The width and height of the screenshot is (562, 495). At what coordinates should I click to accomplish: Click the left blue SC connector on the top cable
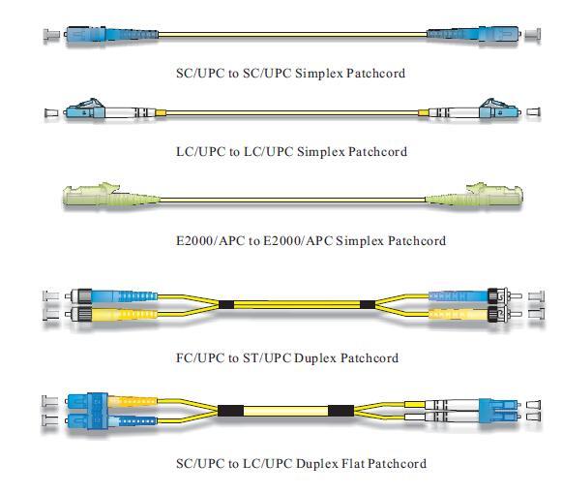point(111,35)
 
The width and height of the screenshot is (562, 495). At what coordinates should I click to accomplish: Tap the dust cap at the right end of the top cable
point(533,35)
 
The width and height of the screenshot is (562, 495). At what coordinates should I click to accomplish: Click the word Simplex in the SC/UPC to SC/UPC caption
point(319,74)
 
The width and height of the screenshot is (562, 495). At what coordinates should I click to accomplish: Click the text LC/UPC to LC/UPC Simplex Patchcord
point(291,151)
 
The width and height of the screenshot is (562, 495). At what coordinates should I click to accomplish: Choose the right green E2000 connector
point(474,195)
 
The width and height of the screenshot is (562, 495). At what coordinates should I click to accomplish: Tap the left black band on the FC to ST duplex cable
point(226,305)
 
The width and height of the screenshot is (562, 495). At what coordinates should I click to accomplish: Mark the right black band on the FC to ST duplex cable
point(368,305)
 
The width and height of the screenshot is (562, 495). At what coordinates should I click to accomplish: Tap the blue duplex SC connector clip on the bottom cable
point(98,411)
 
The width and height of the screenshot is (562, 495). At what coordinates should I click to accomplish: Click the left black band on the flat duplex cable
point(230,411)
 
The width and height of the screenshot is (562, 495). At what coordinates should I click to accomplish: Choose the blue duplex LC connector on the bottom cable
point(500,411)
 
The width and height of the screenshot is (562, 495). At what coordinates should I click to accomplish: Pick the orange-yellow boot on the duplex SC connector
point(133,401)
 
